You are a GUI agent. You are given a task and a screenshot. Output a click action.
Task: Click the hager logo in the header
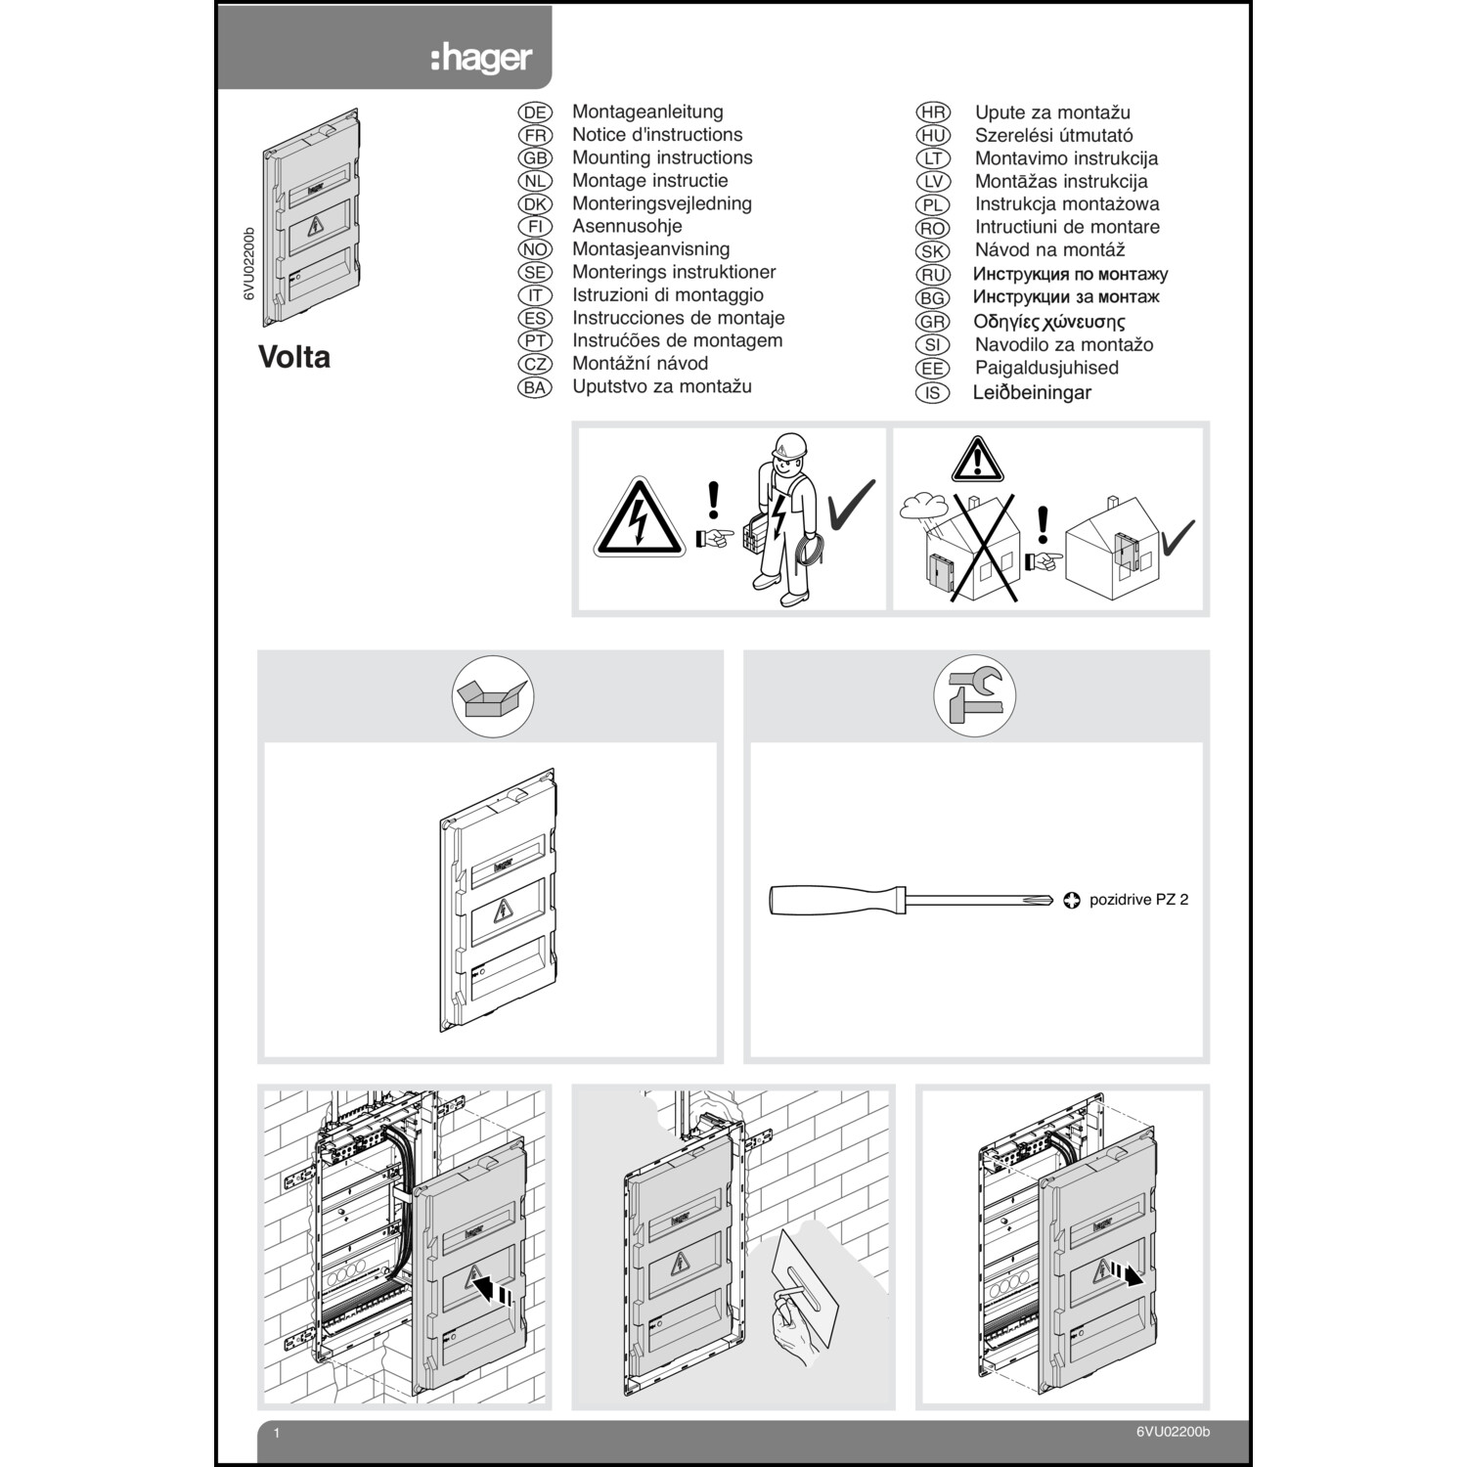[x=481, y=58]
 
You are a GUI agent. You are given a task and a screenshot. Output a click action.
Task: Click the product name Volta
[x=294, y=357]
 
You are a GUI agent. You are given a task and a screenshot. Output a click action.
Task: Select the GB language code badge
[x=535, y=158]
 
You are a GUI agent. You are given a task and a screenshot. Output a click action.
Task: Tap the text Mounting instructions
[x=662, y=157]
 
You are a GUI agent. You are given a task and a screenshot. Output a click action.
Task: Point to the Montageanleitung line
[x=647, y=111]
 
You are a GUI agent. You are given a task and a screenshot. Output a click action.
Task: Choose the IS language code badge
[x=933, y=393]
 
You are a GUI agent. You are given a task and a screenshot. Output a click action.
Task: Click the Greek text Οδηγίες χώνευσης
[x=1048, y=322]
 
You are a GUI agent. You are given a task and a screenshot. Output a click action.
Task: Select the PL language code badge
[x=933, y=204]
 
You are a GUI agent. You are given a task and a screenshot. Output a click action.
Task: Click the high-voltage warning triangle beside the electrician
[x=640, y=520]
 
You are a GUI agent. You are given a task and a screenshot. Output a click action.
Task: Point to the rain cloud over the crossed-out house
[x=921, y=506]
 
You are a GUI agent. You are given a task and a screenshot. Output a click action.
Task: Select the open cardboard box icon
[x=492, y=696]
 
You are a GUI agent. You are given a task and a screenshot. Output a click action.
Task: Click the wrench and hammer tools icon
[x=974, y=695]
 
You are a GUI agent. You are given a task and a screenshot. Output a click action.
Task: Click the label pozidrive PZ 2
[x=1138, y=900]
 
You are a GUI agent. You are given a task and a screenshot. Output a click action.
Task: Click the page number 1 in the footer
[x=277, y=1434]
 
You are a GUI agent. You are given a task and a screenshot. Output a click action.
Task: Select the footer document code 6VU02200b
[x=1173, y=1432]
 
